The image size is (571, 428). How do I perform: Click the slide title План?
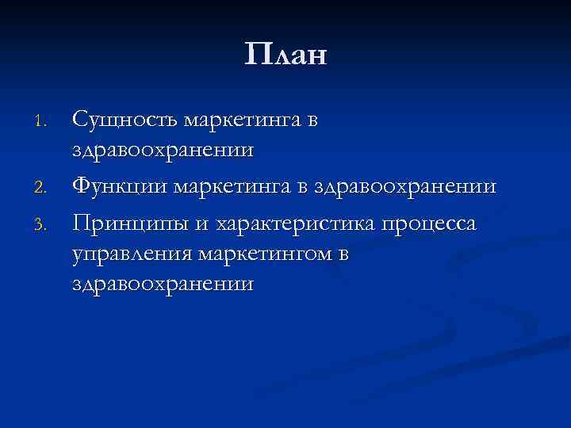point(285,55)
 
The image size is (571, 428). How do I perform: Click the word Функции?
point(120,186)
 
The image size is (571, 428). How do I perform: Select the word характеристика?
point(293,224)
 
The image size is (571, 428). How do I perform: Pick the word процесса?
point(431,225)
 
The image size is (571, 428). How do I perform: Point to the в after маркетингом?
point(342,254)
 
